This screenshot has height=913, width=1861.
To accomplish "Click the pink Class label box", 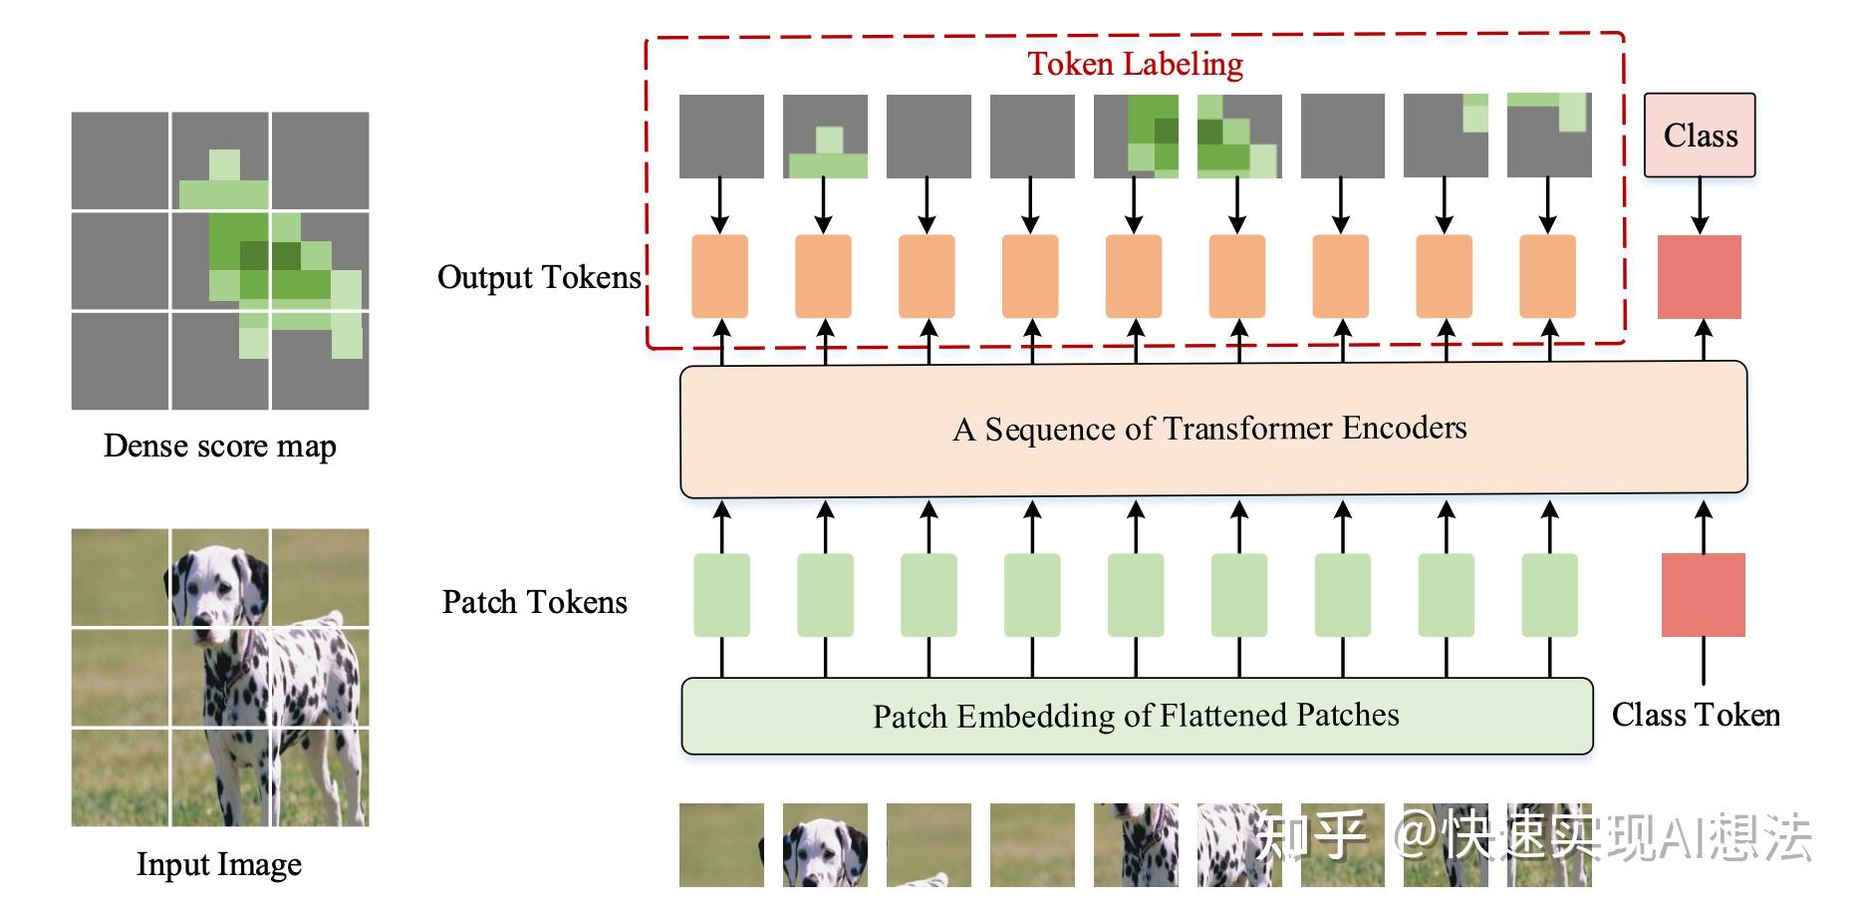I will [x=1699, y=136].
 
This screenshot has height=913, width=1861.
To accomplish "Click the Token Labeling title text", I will [x=1135, y=64].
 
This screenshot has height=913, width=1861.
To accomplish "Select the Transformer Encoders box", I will [x=1212, y=429].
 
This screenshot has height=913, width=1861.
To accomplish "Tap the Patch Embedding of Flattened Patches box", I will [x=1136, y=716].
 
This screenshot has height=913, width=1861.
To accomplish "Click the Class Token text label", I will [x=1695, y=715].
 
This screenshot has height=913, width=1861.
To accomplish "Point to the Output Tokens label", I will [x=539, y=277].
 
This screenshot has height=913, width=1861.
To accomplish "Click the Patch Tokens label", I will [x=535, y=602].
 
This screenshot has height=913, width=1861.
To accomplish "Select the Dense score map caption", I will [x=219, y=446].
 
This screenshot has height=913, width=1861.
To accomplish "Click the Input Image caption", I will [x=219, y=864].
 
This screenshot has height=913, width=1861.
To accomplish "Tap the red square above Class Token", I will [x=1703, y=595].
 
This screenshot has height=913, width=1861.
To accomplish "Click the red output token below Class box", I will [x=1699, y=277].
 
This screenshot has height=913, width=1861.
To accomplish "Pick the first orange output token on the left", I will [x=719, y=276].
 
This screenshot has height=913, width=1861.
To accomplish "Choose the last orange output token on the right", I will [x=1547, y=276].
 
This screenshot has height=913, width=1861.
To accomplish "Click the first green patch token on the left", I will [x=721, y=595].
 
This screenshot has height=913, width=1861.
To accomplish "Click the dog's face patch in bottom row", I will [x=825, y=845].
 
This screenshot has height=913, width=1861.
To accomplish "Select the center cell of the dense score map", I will [x=219, y=261].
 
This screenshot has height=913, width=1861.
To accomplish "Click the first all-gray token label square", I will [x=721, y=137].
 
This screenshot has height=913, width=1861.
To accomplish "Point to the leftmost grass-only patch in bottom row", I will [x=721, y=845].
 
